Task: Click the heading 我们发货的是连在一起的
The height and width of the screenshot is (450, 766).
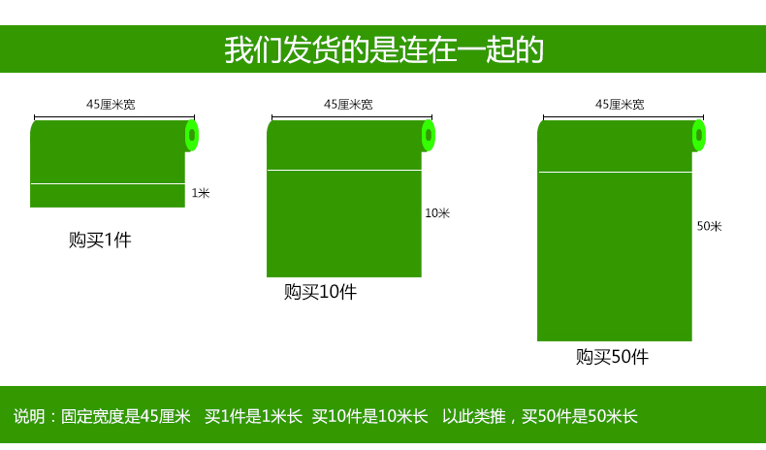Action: pos(384,49)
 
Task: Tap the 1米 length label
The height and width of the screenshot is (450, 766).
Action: pos(201,193)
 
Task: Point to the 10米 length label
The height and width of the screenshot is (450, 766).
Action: pos(437,213)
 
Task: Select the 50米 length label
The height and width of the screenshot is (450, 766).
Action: pos(710,226)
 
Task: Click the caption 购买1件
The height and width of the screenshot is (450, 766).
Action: pos(100,240)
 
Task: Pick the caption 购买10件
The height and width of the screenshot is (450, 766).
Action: pos(321,292)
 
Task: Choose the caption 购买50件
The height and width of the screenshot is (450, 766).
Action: pos(612,357)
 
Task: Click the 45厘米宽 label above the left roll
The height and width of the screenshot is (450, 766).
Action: pos(111,104)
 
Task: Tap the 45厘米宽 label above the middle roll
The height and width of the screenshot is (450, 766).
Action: pos(348,104)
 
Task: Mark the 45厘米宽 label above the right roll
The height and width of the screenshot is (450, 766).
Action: pos(620,104)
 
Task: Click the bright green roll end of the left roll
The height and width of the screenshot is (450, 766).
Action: pos(192,136)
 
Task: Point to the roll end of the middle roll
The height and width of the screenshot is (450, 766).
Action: pos(429,136)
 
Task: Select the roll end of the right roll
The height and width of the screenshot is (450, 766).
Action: pos(699,136)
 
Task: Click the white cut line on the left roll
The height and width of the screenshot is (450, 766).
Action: pos(108,183)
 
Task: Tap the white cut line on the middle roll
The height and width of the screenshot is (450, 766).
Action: pos(344,170)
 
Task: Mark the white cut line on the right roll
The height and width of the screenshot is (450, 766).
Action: pos(615,172)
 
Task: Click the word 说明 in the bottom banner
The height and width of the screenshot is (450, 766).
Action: pos(29,416)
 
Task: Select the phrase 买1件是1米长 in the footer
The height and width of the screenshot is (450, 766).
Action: pos(253,416)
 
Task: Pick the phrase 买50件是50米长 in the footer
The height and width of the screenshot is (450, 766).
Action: pos(580,416)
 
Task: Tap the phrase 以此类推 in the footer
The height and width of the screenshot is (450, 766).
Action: pos(474,416)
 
